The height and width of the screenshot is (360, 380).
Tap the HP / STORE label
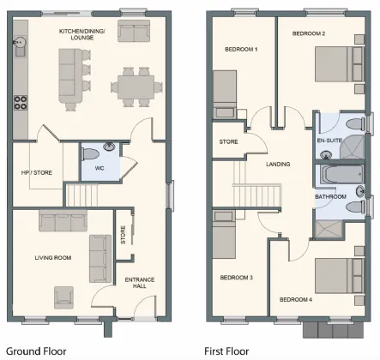pyautogui.click(x=36, y=172)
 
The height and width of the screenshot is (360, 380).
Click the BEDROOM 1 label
pyautogui.click(x=241, y=50)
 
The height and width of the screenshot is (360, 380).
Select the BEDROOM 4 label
pyautogui.click(x=296, y=299)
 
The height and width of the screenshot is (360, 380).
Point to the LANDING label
pyautogui.click(x=278, y=164)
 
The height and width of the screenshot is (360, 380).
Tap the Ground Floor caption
pyautogui.click(x=35, y=351)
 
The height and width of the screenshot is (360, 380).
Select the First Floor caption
pyautogui.click(x=226, y=351)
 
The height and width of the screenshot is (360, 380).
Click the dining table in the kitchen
pyautogui.click(x=136, y=86)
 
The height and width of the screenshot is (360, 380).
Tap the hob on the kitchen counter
pyautogui.click(x=18, y=105)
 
